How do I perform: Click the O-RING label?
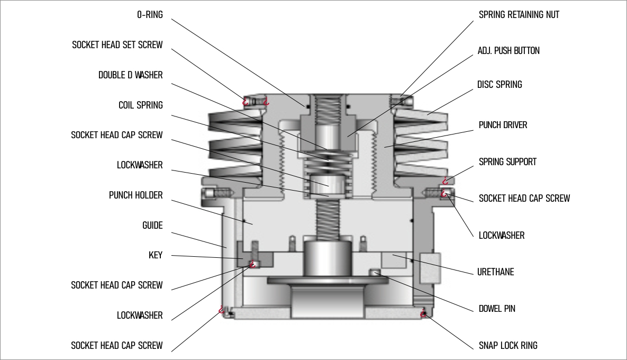[150, 15]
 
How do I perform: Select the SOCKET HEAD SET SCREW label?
[117, 45]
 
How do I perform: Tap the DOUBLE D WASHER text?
[130, 75]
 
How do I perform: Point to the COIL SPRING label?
[140, 105]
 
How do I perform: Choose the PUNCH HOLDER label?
[135, 195]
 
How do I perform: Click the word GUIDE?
[152, 226]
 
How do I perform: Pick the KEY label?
[155, 256]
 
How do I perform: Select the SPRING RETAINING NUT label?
[519, 15]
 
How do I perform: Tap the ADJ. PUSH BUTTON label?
[509, 51]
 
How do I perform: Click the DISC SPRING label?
[499, 85]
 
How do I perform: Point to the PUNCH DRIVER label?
[503, 125]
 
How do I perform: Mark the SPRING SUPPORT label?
[507, 162]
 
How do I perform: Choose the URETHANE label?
[496, 272]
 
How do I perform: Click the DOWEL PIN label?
[497, 309]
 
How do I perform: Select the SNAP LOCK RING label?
[507, 346]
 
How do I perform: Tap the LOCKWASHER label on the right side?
[502, 235]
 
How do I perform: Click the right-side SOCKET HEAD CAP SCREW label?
[524, 199]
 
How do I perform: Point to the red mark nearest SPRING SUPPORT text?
[447, 181]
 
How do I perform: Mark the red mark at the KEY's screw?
[253, 264]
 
